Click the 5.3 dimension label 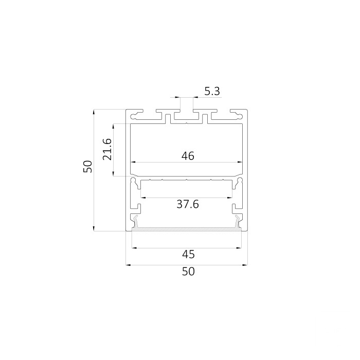coord(212,91)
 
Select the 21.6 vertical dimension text coord(107,149)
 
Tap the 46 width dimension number coord(188,156)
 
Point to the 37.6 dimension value coord(188,204)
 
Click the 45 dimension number coord(188,255)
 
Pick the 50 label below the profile coord(188,272)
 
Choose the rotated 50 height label coord(88,167)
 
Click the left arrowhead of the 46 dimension coord(133,162)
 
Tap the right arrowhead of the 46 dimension coord(240,162)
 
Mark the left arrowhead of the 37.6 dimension coord(143,197)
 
